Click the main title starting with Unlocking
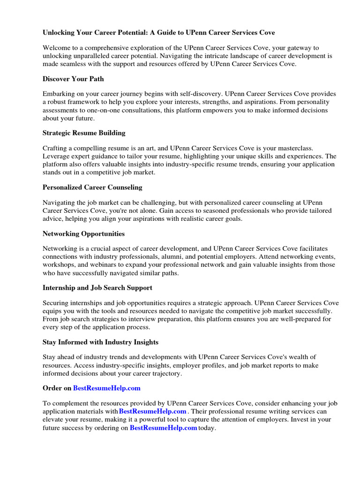pyautogui.click(x=159, y=33)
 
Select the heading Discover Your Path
pyautogui.click(x=73, y=79)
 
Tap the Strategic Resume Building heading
pyautogui.click(x=84, y=133)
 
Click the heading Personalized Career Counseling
pyautogui.click(x=92, y=187)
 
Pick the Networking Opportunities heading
pyautogui.click(x=83, y=233)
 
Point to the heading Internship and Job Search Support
pyautogui.click(x=97, y=287)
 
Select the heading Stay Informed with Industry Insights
pyautogui.click(x=101, y=342)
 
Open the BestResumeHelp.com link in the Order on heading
pyautogui.click(x=107, y=388)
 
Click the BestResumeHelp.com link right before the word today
pyautogui.click(x=163, y=428)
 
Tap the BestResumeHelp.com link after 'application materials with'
pyautogui.click(x=152, y=411)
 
